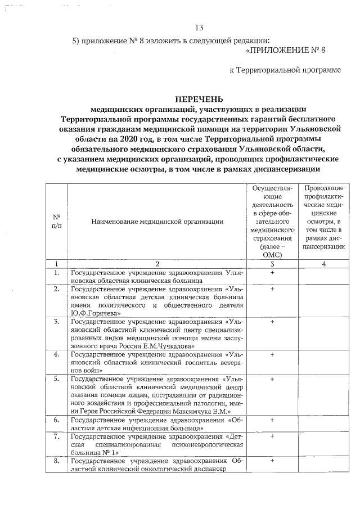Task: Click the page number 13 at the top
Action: (x=199, y=28)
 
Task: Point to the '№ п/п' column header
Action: (x=57, y=222)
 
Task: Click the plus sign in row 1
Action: (x=272, y=272)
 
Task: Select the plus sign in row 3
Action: (x=272, y=322)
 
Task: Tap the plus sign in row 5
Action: (x=272, y=379)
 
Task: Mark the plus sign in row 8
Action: (x=272, y=460)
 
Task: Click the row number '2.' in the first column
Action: (x=57, y=289)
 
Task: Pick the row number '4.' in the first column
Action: (x=57, y=355)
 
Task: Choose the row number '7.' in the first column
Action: (x=57, y=436)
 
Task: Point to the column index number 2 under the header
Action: (x=157, y=264)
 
